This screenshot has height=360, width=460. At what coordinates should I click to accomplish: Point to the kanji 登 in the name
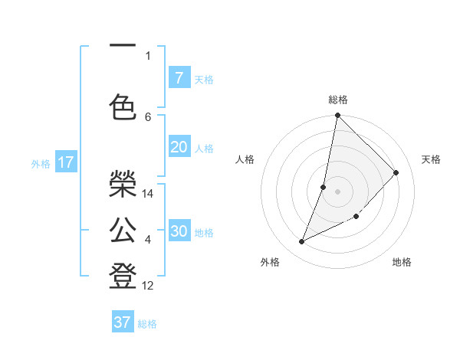pyautogui.click(x=123, y=275)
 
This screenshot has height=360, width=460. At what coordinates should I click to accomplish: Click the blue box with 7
pyautogui.click(x=179, y=77)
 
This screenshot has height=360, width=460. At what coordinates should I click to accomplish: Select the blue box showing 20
pyautogui.click(x=179, y=147)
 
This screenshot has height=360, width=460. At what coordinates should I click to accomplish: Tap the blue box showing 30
pyautogui.click(x=179, y=231)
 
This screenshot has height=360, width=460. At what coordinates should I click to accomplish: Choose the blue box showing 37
pyautogui.click(x=123, y=322)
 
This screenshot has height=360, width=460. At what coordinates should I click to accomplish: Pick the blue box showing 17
pyautogui.click(x=65, y=162)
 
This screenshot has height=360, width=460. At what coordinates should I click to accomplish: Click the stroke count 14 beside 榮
pyautogui.click(x=148, y=194)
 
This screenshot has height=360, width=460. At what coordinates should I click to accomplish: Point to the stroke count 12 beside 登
pyautogui.click(x=148, y=286)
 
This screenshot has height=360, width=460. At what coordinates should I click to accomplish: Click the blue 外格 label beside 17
pyautogui.click(x=41, y=163)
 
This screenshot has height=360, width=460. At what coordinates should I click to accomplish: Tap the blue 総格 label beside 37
pyautogui.click(x=147, y=324)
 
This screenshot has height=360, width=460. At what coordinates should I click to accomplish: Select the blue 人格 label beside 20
pyautogui.click(x=204, y=149)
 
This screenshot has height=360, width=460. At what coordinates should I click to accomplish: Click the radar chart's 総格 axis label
pyautogui.click(x=338, y=100)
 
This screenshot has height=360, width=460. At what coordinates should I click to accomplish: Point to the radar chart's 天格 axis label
pyautogui.click(x=432, y=159)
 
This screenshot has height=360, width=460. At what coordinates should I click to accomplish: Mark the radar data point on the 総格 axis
pyautogui.click(x=337, y=116)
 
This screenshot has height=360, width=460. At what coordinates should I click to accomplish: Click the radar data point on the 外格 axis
pyautogui.click(x=302, y=242)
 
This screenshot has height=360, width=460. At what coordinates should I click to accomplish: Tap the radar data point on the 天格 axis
pyautogui.click(x=396, y=172)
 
